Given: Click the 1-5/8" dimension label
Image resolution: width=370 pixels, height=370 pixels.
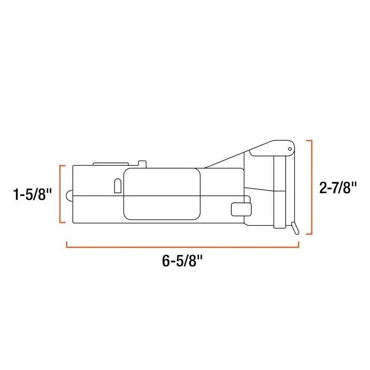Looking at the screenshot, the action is click(32, 195).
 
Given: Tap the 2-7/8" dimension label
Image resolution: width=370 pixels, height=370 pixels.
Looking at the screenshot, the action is click(338, 188).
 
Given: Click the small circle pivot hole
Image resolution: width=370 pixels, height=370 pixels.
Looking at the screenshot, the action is click(290, 149).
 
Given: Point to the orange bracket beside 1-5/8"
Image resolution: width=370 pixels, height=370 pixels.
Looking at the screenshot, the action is click(60, 194).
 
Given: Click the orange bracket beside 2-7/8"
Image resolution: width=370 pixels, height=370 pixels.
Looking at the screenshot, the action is click(312, 187).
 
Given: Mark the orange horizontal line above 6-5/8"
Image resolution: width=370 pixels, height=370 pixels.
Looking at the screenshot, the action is click(182, 247).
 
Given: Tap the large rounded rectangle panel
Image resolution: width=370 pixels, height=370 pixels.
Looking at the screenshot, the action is click(162, 194).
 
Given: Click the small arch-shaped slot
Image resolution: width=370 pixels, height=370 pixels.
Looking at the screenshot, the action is click(118, 186).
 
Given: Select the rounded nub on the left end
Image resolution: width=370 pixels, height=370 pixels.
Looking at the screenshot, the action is click(70, 196).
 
